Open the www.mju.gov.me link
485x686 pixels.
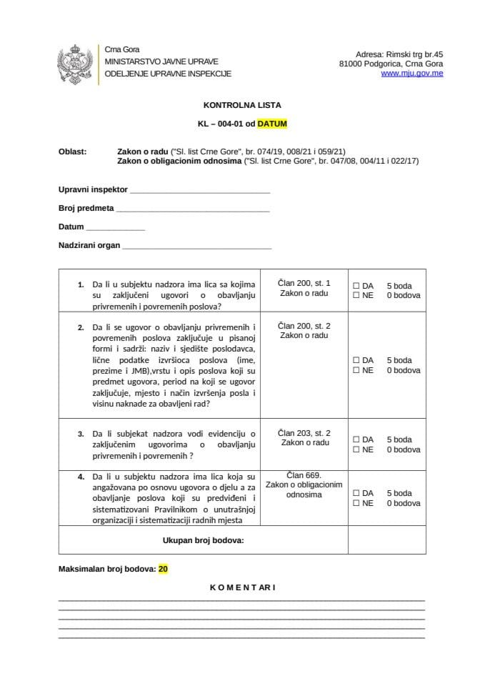pyautogui.click(x=411, y=74)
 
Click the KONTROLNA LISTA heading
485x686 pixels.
pyautogui.click(x=241, y=104)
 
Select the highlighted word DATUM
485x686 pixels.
pyautogui.click(x=272, y=123)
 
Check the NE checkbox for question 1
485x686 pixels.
pyautogui.click(x=356, y=295)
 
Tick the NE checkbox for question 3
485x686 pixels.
pyautogui.click(x=356, y=449)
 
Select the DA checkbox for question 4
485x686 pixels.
pyautogui.click(x=356, y=493)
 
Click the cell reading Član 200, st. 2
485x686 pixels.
pyautogui.click(x=304, y=330)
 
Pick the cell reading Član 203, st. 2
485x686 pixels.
pyautogui.click(x=304, y=438)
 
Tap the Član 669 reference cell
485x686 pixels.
pyautogui.click(x=304, y=484)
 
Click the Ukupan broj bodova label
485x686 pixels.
pyautogui.click(x=204, y=540)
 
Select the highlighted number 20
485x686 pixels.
pyautogui.click(x=164, y=569)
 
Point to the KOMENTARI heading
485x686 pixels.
pyautogui.click(x=242, y=587)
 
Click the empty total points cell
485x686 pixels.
pyautogui.click(x=386, y=540)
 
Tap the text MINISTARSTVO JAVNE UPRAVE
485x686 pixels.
pyautogui.click(x=161, y=61)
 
